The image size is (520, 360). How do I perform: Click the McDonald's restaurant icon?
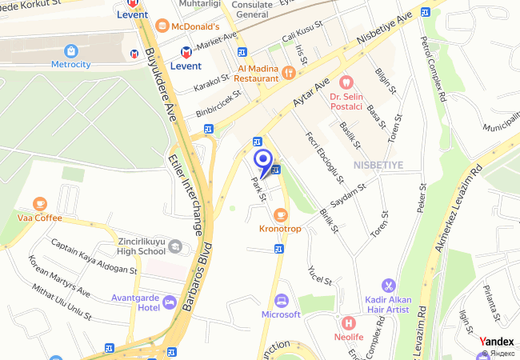[x=163, y=26]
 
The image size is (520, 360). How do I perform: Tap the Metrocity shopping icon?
[x=71, y=50]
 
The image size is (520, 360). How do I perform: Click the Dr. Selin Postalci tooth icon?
[x=346, y=82]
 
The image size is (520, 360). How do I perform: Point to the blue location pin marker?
[x=262, y=159]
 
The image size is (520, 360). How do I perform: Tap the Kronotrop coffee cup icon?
[x=280, y=214]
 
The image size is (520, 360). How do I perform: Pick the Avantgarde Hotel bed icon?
[x=169, y=302]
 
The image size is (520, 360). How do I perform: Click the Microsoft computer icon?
[x=281, y=301]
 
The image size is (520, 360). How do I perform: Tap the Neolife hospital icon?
[x=348, y=323]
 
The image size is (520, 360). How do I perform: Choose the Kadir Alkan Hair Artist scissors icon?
[x=388, y=285]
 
